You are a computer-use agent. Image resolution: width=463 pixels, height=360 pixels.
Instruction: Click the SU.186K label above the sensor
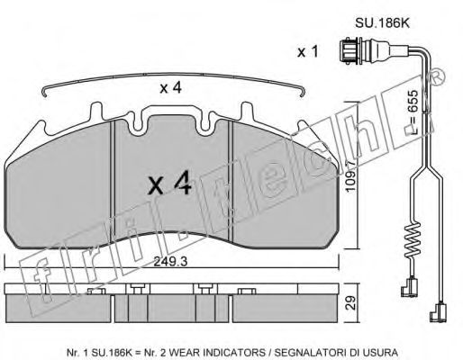point(382,23)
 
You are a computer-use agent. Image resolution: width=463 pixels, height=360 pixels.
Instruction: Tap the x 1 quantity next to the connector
point(307,52)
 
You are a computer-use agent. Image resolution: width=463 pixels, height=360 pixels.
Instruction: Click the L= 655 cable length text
point(413,112)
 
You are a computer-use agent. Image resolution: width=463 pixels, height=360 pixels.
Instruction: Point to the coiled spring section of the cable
point(412,239)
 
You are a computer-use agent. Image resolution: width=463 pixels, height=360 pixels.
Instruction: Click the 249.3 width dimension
point(170,262)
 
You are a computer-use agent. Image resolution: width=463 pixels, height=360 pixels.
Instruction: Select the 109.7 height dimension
point(350,175)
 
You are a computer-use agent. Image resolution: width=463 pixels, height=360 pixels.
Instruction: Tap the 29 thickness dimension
point(350,303)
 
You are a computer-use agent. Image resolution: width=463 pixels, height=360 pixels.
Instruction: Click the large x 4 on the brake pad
point(169,183)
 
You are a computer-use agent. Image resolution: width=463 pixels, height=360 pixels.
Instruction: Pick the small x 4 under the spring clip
point(170,88)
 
